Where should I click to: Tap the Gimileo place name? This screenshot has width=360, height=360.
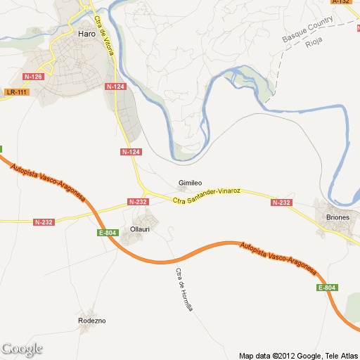tap(190, 183)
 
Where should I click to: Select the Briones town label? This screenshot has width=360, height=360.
tap(337, 217)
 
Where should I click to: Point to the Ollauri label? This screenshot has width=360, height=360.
tap(141, 229)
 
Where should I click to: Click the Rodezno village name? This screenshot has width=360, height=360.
tap(91, 321)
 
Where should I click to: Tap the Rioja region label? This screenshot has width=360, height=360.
tap(313, 44)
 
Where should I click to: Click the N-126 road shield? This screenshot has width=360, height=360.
tap(32, 76)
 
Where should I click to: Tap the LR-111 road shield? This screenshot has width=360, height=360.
tap(15, 92)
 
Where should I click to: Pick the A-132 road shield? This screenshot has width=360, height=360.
tap(341, 3)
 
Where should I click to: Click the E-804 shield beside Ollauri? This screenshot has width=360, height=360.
tap(108, 233)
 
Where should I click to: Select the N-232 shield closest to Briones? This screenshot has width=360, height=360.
tap(281, 202)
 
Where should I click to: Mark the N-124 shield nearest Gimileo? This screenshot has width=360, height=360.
tap(131, 152)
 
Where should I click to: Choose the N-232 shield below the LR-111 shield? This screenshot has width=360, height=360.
tap(44, 222)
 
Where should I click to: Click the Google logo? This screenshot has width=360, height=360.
tap(22, 349)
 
